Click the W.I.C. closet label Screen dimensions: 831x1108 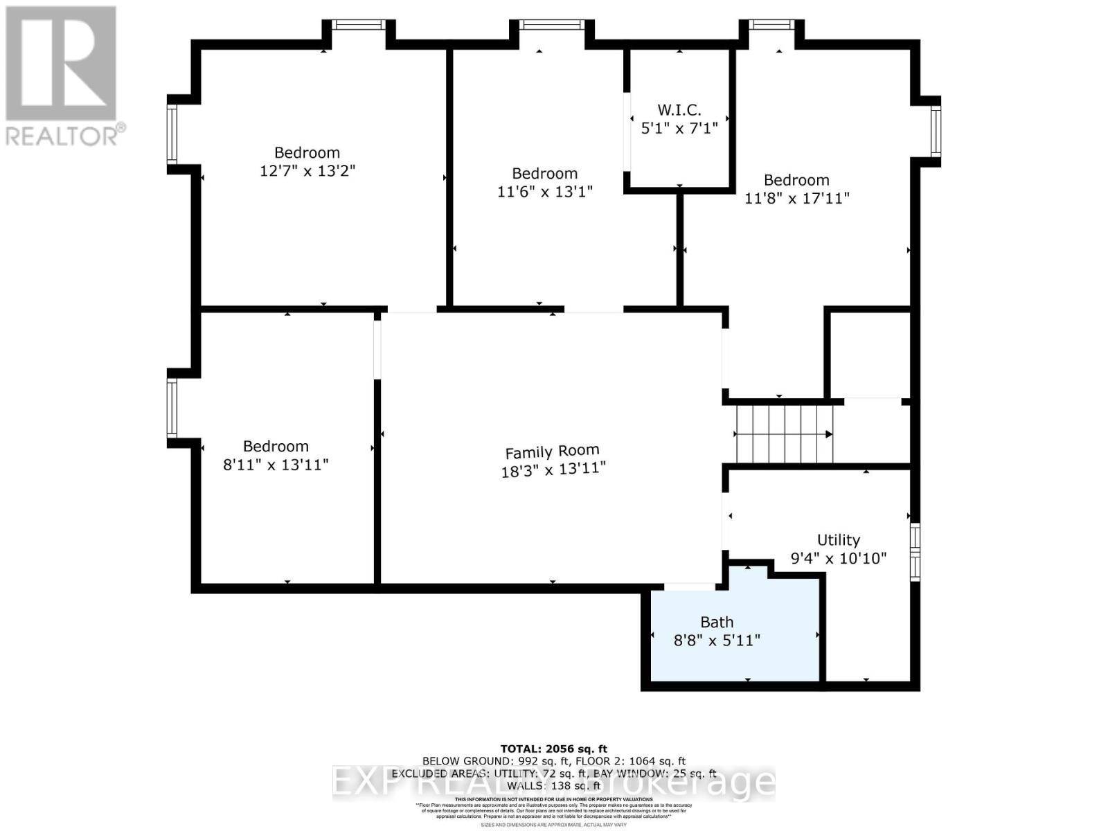pos(679,109)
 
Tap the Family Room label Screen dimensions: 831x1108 pos(552,452)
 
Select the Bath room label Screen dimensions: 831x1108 pos(717,622)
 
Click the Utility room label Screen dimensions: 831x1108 pos(838,539)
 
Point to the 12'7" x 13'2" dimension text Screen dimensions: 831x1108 pos(307,170)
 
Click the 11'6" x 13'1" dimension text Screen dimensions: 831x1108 pos(545,191)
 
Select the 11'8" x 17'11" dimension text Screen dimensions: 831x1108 pos(796,198)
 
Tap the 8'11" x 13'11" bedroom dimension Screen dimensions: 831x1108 pos(275,464)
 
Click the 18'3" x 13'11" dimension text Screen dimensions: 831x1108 pos(553,470)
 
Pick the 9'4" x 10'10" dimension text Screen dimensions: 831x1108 pos(838,558)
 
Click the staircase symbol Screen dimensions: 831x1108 pos(784,434)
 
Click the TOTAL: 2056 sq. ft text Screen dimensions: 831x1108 pos(553,749)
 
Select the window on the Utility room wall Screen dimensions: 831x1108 pos(915,552)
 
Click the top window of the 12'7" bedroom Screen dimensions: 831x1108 pos(358,25)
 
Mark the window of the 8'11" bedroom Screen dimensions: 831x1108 pos(172,408)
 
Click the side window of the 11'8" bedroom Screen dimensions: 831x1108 pos(936,132)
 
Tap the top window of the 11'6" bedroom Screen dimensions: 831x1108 pos(551,25)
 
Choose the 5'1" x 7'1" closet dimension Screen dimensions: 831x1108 pos(679,128)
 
